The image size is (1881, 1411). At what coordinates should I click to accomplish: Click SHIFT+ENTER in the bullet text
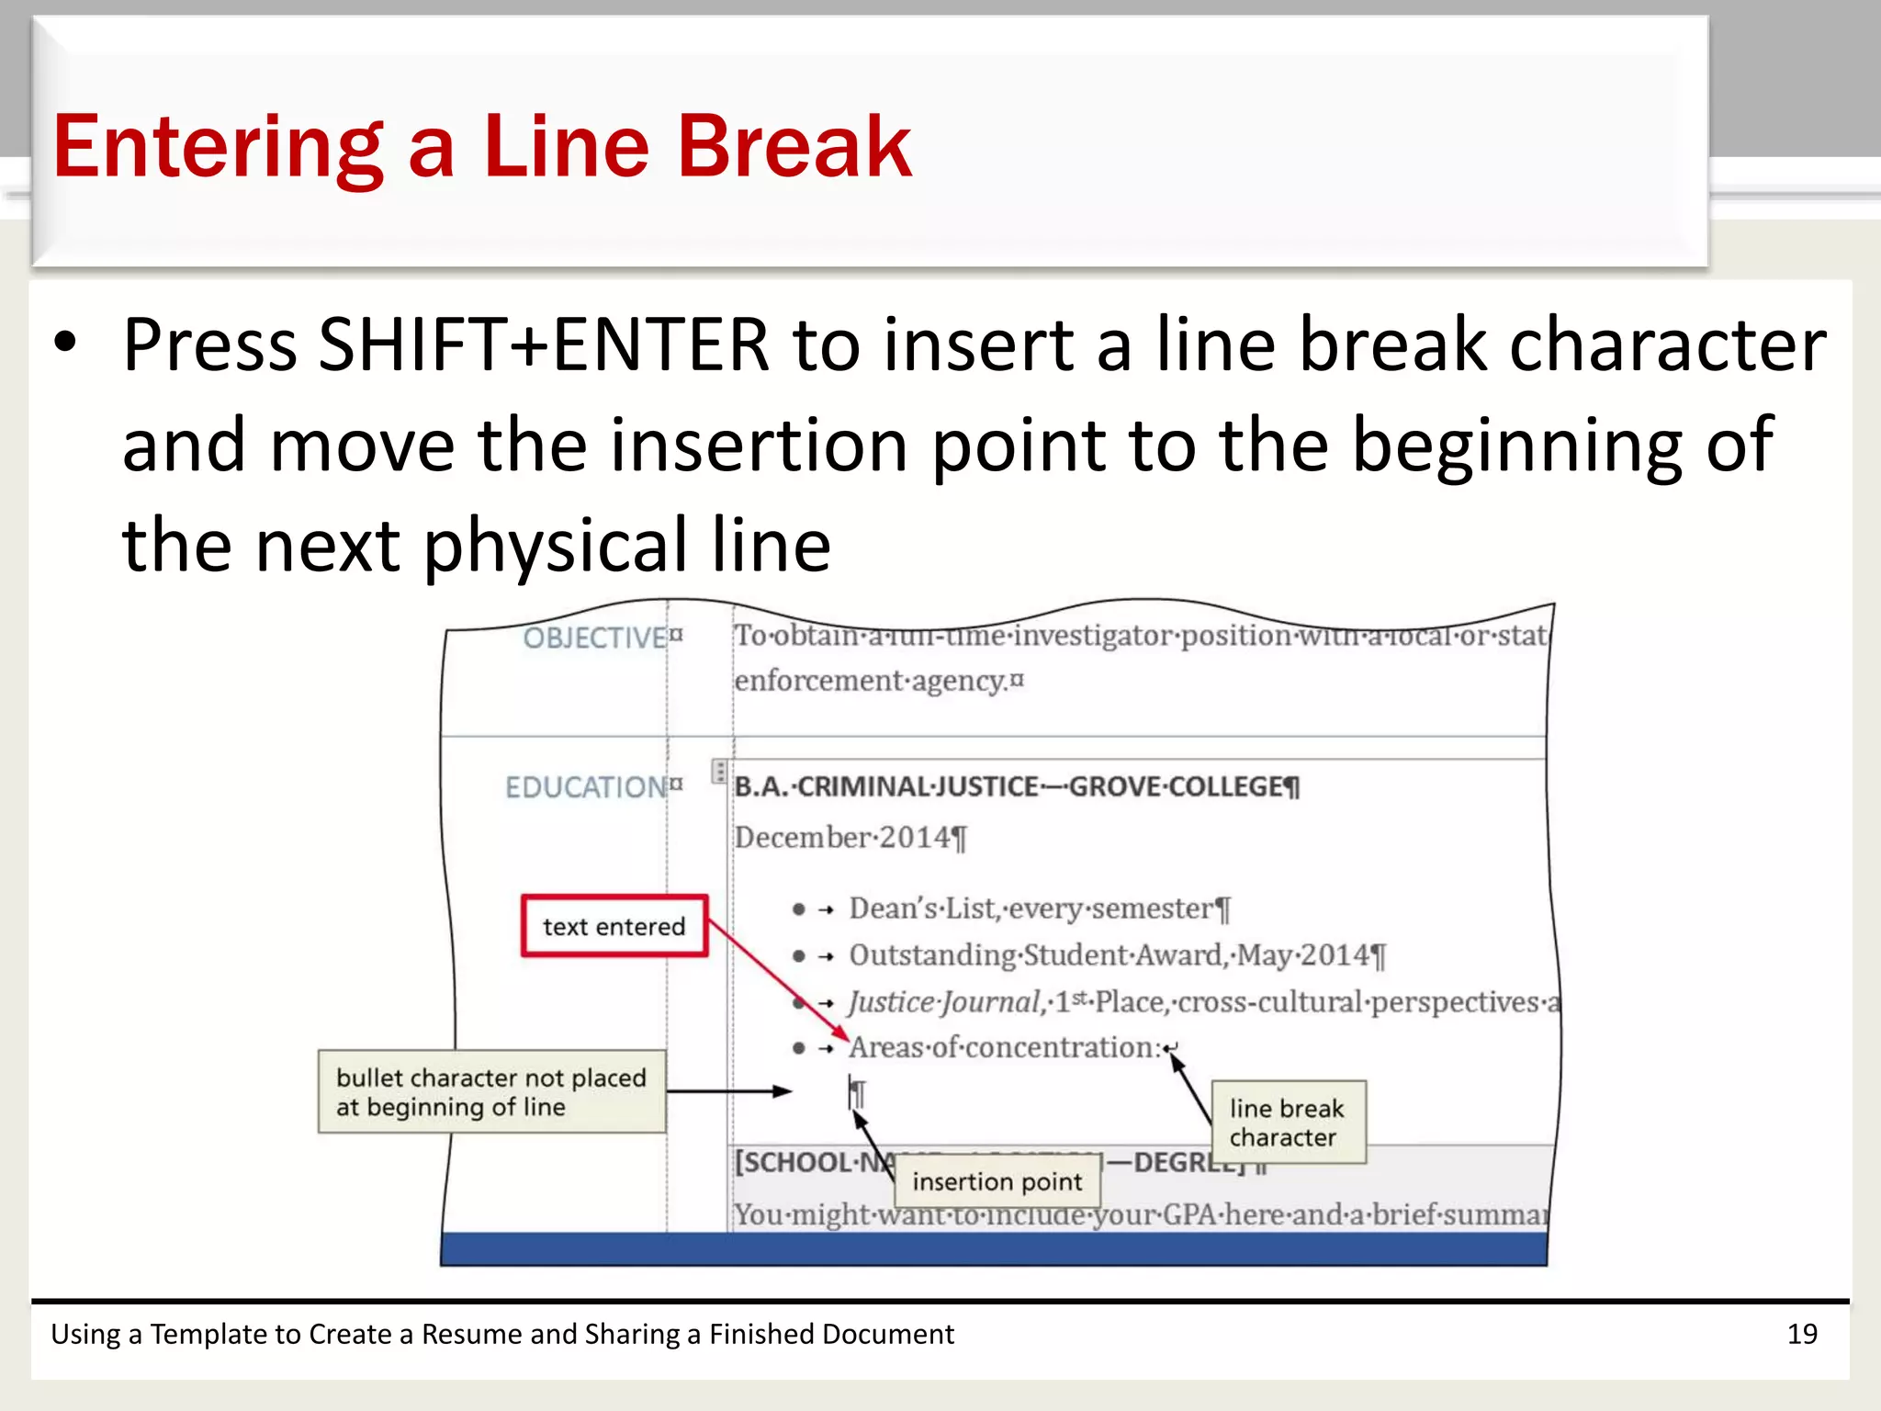[543, 344]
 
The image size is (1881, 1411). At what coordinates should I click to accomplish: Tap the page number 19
[1802, 1334]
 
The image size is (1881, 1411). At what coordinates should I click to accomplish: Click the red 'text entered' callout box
[614, 926]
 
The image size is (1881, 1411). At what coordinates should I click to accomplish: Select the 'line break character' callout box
[1287, 1123]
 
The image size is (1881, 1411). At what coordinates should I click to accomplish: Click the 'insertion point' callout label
[997, 1181]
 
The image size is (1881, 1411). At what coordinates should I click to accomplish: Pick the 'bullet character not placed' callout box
[491, 1091]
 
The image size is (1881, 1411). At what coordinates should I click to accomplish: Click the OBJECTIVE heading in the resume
[594, 638]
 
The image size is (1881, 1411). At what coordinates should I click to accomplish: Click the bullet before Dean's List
[799, 909]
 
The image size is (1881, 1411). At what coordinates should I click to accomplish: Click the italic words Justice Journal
[944, 1001]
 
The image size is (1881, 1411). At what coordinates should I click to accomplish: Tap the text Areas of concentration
[1004, 1047]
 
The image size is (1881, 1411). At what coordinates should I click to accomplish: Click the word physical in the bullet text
[556, 546]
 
